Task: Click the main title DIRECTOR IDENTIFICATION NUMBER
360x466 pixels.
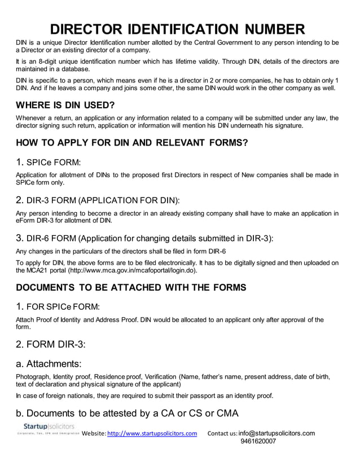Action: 177,29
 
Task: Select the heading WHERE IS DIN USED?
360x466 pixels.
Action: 65,105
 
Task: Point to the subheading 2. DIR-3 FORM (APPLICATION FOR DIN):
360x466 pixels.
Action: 98,200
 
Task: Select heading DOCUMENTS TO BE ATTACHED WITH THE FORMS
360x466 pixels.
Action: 131,288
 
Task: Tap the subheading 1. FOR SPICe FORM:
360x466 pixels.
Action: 58,307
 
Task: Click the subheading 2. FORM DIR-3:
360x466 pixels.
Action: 51,344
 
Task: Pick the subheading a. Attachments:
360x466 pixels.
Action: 49,364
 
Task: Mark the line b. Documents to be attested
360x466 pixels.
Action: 127,413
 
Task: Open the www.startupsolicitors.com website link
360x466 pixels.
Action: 152,433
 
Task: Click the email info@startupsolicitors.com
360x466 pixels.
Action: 276,433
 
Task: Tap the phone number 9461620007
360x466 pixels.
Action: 258,441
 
